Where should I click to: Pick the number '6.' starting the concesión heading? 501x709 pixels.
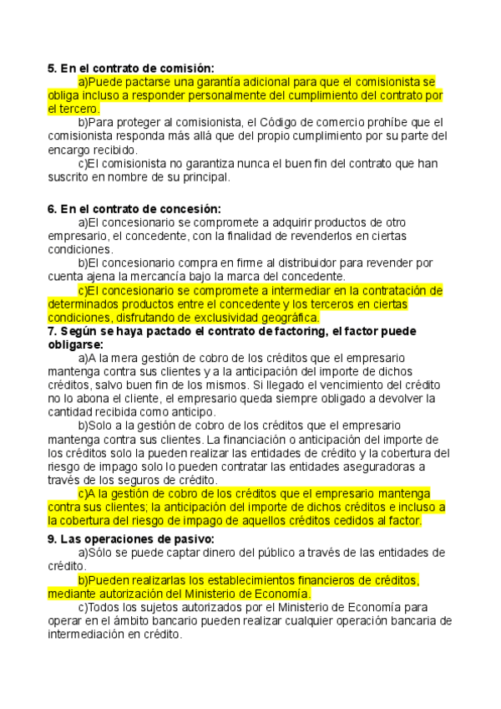click(52, 209)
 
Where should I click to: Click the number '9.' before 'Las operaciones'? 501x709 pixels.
click(52, 539)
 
